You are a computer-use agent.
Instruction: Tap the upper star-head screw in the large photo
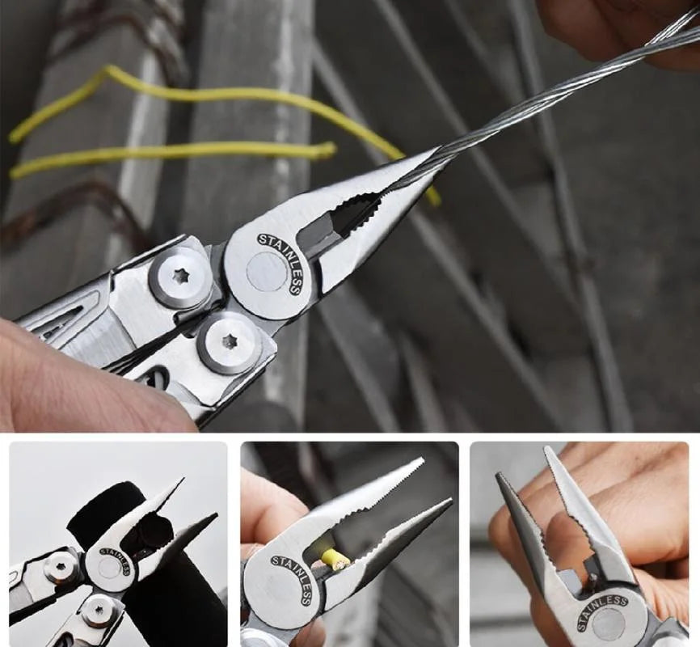pos(180,277)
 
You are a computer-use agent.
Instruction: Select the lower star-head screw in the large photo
pos(230,341)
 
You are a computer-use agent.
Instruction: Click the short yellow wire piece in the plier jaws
pos(335,558)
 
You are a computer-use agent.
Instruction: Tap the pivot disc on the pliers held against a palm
pos(607,627)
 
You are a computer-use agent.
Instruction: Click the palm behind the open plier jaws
pos(639,501)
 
